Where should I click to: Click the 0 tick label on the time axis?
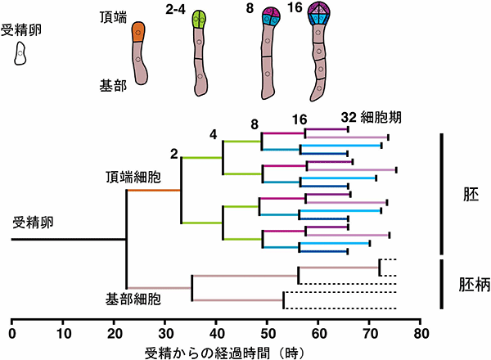coord(11,334)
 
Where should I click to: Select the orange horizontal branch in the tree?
coord(153,191)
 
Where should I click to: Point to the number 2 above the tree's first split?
coord(174,151)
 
